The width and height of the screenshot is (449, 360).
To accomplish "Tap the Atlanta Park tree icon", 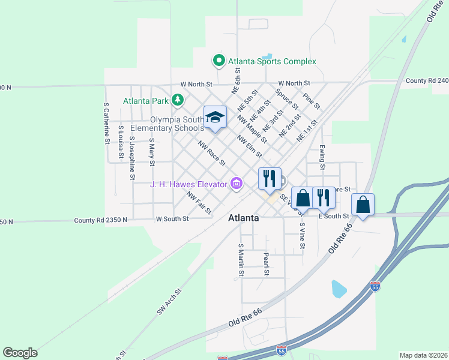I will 177,100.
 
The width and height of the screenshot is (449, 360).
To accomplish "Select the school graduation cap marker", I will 215,117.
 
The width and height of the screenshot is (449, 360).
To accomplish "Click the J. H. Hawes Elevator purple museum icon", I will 237,184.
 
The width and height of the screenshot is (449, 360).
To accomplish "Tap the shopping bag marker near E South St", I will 363,205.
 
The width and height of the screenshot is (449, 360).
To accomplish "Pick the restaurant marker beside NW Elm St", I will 269,178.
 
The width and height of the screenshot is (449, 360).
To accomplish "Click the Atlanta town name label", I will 244,218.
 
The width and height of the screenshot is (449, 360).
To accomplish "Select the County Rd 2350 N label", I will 101,220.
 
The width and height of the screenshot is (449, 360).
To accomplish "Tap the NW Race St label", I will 212,154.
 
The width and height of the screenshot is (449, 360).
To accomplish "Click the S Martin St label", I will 241,259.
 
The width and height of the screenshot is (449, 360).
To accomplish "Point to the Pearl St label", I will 267,264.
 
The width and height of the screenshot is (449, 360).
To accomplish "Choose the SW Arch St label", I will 169,304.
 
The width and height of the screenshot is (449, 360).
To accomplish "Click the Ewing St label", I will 322,153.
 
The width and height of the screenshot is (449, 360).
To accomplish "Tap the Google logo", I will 20,353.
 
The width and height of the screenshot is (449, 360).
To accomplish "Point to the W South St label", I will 172,219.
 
